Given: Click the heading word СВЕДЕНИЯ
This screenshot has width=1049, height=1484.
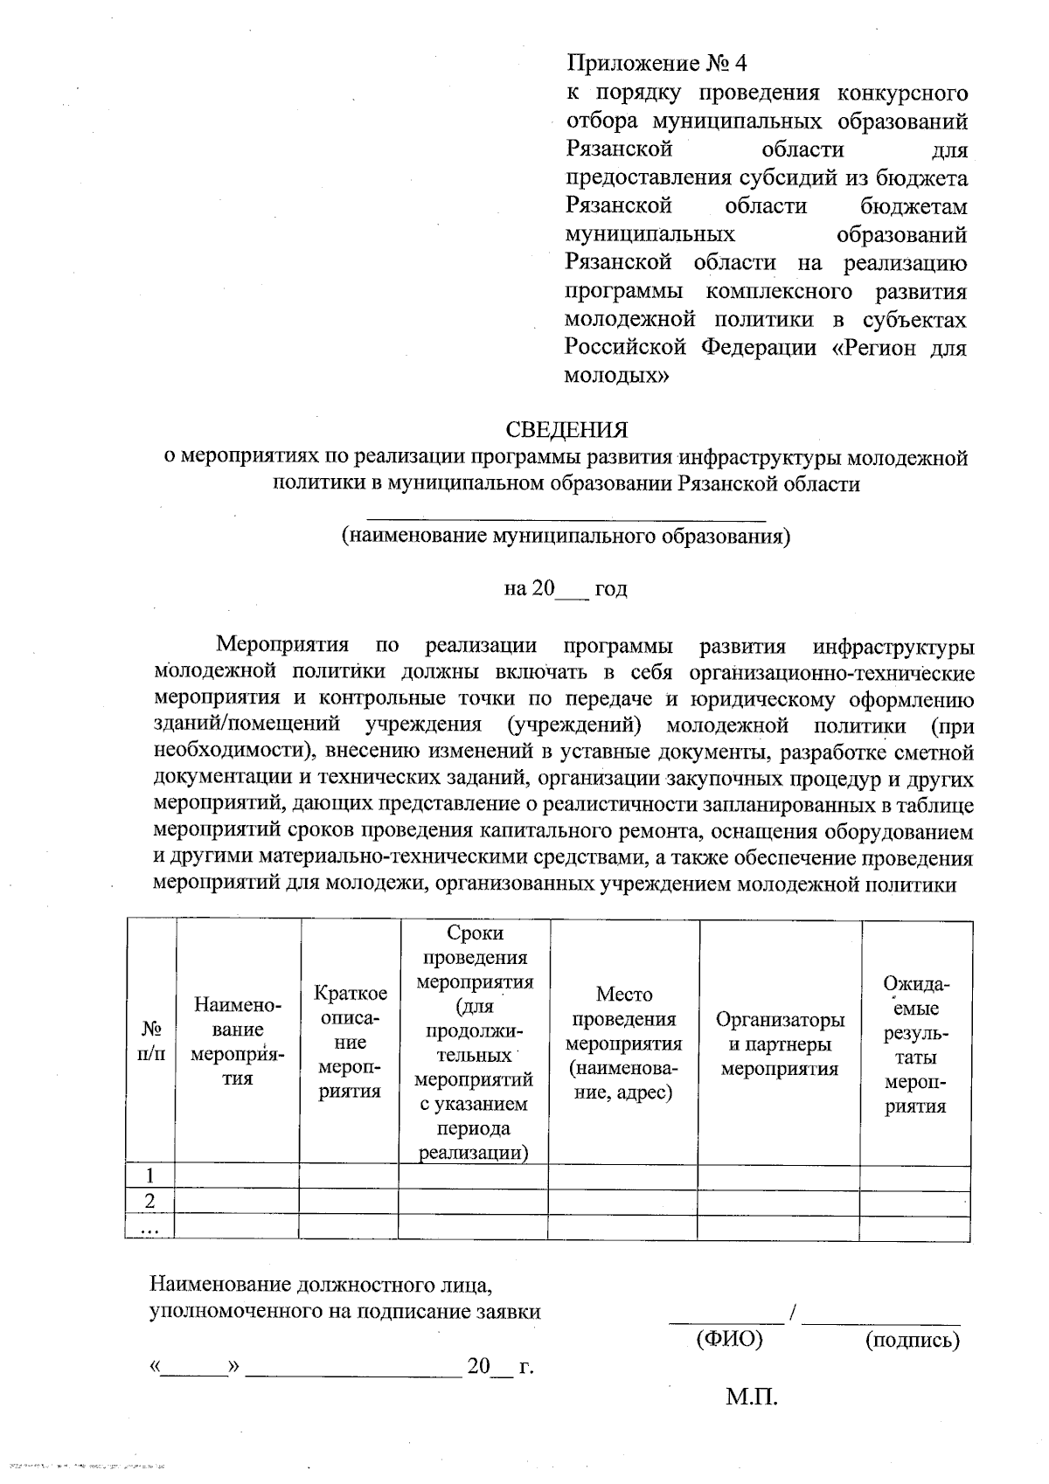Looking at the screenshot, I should [x=566, y=430].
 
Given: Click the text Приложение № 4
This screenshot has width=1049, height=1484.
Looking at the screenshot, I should [x=656, y=64].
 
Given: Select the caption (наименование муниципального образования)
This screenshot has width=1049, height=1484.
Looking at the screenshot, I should [x=566, y=536].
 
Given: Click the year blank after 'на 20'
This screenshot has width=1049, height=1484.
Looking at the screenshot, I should [x=573, y=591].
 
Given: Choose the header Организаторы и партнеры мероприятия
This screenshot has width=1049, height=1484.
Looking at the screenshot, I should [x=779, y=1044].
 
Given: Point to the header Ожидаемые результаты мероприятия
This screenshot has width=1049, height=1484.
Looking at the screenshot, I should [x=915, y=1044].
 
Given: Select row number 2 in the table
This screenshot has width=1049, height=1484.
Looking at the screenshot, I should [x=150, y=1202].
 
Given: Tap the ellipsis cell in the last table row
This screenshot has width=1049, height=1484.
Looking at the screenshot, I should [x=150, y=1228].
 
